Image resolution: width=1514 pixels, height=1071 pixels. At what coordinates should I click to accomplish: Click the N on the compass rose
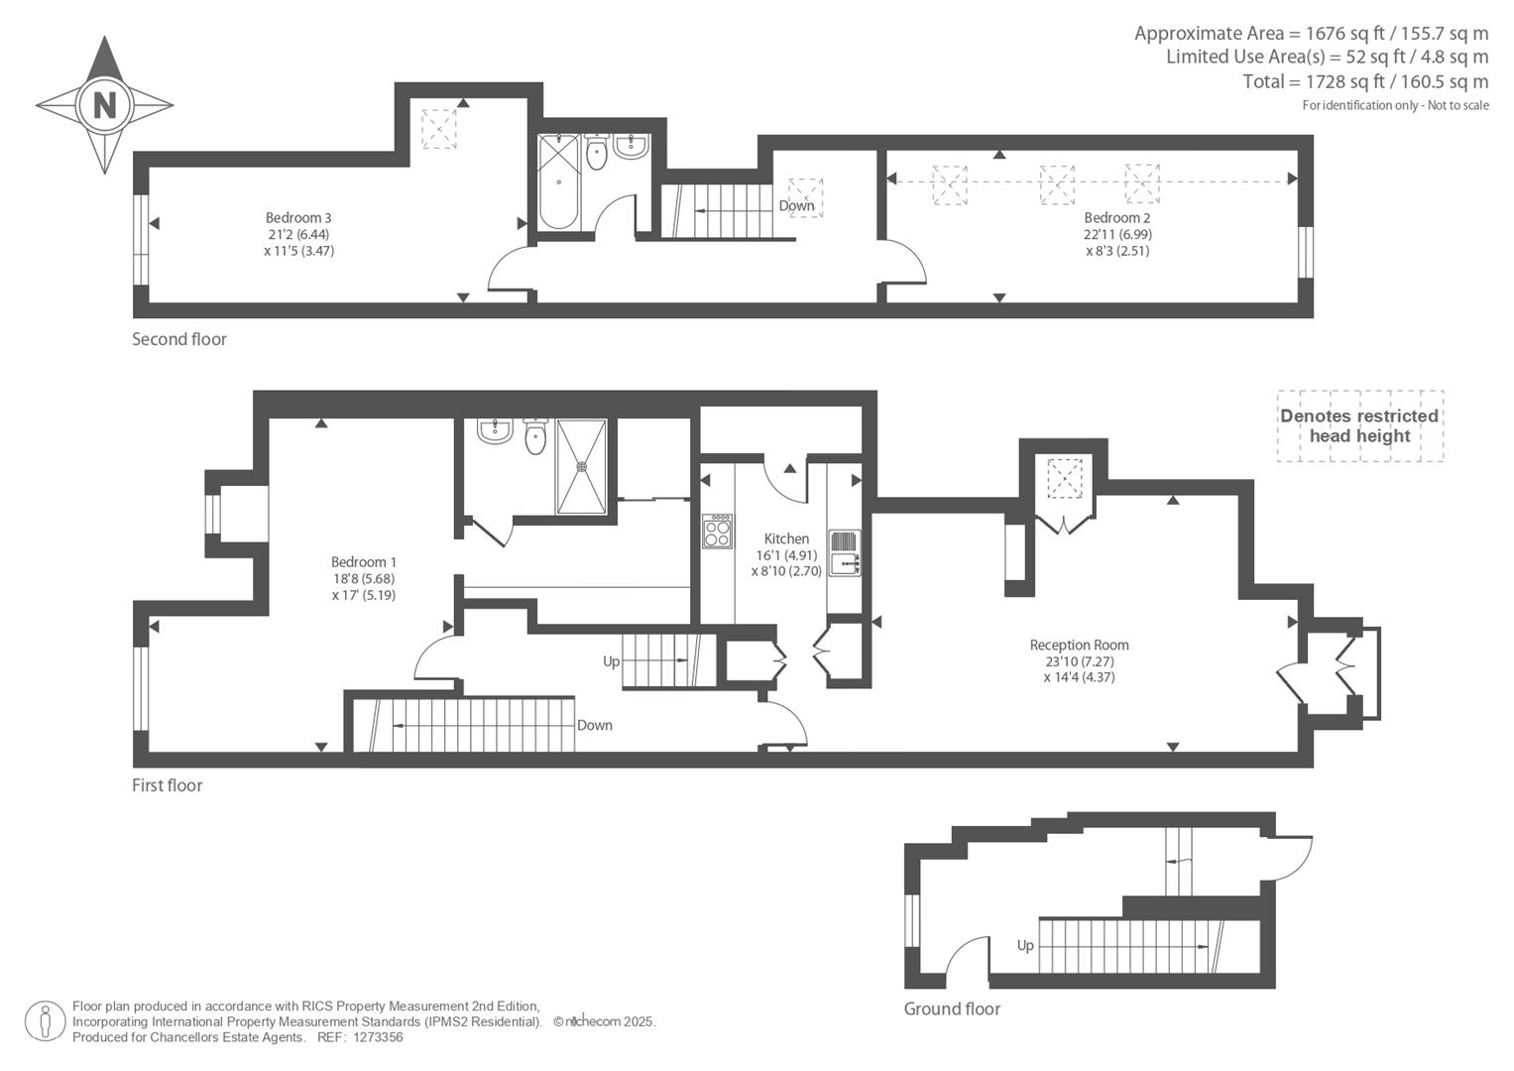[x=105, y=105]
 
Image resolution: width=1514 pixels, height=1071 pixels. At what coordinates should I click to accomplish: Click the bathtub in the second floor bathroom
[x=559, y=181]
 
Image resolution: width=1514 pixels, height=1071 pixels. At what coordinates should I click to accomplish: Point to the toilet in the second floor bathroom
[x=596, y=152]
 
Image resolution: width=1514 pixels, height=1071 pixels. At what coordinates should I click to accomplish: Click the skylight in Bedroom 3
[x=439, y=129]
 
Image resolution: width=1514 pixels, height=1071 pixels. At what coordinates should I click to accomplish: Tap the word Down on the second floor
[x=796, y=205]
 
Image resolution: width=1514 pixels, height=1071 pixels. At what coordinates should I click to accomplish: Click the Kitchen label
[x=786, y=538]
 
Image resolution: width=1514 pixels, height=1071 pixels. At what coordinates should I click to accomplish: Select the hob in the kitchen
[x=717, y=531]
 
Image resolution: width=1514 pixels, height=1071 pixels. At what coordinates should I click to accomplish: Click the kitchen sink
[x=844, y=553]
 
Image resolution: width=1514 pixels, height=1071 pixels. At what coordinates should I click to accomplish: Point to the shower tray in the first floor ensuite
[x=581, y=466]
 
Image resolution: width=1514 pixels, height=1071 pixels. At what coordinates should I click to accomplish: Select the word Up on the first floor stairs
[x=611, y=661]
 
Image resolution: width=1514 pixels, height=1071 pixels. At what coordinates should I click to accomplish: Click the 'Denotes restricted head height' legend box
[x=1360, y=426]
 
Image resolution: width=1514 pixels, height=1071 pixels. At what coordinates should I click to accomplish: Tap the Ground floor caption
[x=952, y=1009]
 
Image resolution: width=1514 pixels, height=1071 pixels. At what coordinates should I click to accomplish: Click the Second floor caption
[x=179, y=339]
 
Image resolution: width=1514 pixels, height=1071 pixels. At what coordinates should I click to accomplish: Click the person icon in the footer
[x=46, y=1021]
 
